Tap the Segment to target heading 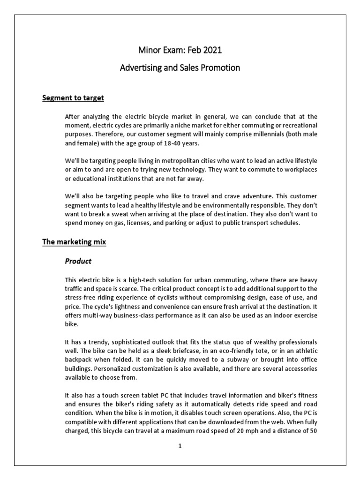click(73, 98)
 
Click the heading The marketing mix click(74, 242)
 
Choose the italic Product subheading click(78, 261)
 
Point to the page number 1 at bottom click(180, 446)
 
